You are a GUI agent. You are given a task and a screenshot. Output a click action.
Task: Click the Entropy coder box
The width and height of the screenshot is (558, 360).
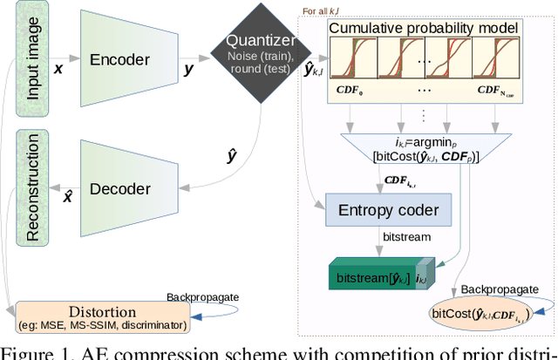[389, 208]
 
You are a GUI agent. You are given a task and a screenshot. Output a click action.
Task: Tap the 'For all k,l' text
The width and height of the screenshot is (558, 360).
[325, 10]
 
